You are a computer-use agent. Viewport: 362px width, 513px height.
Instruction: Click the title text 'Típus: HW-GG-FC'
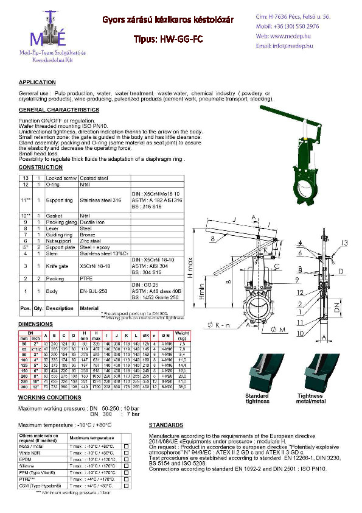(167, 39)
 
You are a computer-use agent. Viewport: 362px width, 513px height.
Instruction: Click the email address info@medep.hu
(280, 46)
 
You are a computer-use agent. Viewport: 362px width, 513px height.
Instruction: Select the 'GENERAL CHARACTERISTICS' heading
(58, 110)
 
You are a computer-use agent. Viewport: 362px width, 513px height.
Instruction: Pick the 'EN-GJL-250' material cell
(95, 292)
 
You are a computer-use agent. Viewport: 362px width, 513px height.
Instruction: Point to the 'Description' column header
(60, 308)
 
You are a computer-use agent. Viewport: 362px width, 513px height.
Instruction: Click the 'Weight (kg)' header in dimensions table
(181, 336)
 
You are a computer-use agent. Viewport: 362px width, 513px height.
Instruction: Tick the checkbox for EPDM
(126, 459)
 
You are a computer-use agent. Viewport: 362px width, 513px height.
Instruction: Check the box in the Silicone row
(126, 466)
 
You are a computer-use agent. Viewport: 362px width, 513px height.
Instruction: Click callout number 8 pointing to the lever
(213, 240)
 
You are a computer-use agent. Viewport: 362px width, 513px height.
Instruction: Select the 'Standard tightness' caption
(256, 399)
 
